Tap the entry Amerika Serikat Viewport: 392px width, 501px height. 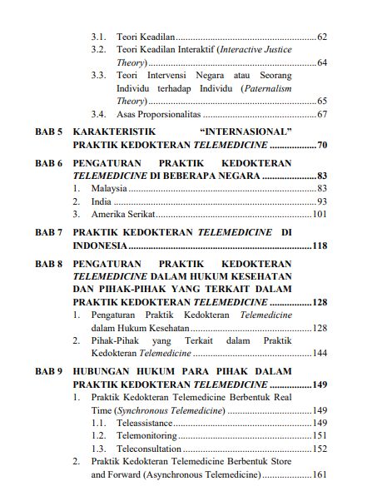(x=121, y=215)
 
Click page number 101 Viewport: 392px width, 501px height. (x=319, y=215)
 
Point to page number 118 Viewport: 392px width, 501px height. (x=319, y=246)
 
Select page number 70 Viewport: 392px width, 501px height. (x=321, y=146)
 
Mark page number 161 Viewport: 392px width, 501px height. (x=319, y=475)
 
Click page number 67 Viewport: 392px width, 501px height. (x=321, y=114)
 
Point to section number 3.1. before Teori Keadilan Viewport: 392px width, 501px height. (x=98, y=37)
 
